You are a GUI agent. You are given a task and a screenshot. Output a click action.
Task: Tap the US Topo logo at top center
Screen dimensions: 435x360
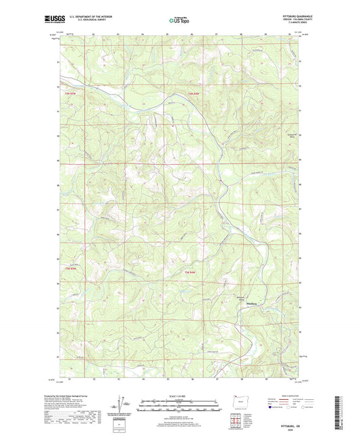pos(179,22)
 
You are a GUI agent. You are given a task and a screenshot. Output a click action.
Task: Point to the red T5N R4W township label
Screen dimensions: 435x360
pos(194,271)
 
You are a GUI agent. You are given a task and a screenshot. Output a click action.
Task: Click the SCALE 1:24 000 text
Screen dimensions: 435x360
pos(180,396)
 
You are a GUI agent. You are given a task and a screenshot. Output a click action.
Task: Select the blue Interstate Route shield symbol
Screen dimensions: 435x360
pos(273,407)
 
